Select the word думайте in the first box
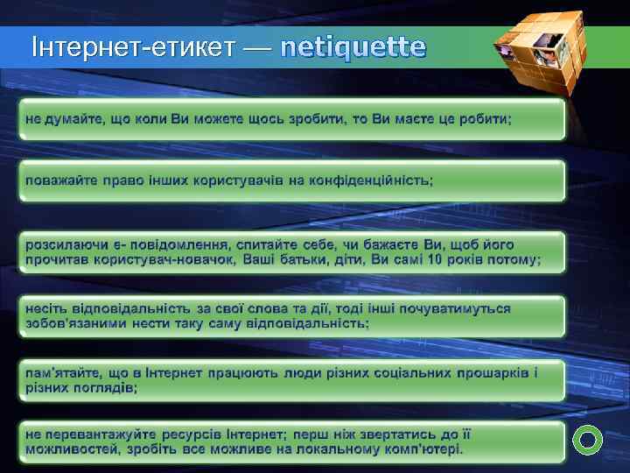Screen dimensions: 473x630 pyautogui.click(x=73, y=117)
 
